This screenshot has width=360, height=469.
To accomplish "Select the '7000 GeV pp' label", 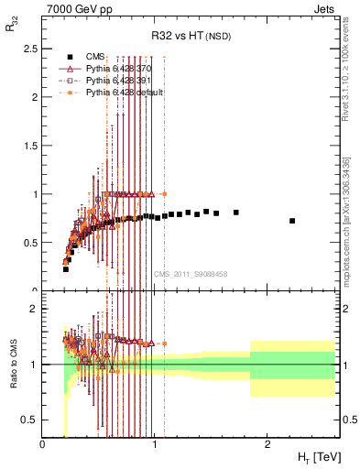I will (x=74, y=9).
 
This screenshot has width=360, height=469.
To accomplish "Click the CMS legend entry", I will (x=96, y=57).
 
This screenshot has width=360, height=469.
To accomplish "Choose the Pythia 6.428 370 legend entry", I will (x=118, y=69).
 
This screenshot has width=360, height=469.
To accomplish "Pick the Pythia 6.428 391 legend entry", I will (x=118, y=81).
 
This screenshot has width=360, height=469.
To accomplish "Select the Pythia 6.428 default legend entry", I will (x=123, y=93).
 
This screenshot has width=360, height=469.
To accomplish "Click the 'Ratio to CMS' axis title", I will (x=12, y=363).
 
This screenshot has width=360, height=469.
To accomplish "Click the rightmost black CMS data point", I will (x=292, y=221).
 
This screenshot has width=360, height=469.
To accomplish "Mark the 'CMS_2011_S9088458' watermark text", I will (x=191, y=273).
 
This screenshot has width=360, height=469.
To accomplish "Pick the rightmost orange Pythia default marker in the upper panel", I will (x=164, y=194).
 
